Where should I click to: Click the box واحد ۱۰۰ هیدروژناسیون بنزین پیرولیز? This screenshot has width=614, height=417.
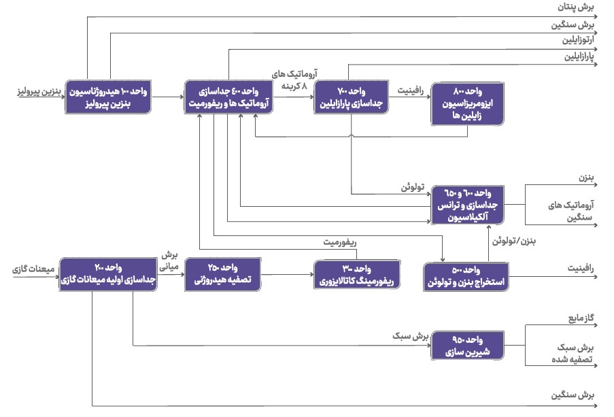[x=108, y=97]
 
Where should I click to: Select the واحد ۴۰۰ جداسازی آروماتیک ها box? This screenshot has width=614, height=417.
[x=228, y=97]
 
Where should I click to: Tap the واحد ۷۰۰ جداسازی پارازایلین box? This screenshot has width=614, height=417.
[x=352, y=97]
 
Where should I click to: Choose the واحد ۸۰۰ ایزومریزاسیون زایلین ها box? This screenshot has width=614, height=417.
[x=468, y=104]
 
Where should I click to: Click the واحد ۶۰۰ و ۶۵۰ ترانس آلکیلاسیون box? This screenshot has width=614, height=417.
[x=468, y=205]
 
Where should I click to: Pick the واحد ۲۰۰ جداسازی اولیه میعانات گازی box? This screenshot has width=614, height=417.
[x=108, y=274]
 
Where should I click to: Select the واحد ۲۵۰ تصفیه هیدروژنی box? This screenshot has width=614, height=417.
[x=223, y=274]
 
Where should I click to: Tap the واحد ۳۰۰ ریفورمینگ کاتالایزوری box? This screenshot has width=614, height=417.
[x=357, y=275]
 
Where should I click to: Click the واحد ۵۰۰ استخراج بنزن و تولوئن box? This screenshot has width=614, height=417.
[x=466, y=277]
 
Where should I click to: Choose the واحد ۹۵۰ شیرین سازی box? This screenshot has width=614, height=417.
[x=468, y=346]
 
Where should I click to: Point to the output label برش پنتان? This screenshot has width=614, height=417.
[x=576, y=7]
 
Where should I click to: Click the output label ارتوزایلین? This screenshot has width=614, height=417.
[x=578, y=40]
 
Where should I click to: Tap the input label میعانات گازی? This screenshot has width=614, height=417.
[x=33, y=269]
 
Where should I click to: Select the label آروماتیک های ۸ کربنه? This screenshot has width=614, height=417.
[x=294, y=80]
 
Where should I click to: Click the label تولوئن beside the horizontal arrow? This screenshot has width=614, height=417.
[x=413, y=187]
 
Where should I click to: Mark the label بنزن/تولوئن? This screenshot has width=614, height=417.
[x=514, y=241]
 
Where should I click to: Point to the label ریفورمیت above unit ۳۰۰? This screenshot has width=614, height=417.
[x=340, y=243]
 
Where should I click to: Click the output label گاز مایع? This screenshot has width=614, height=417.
[x=581, y=318]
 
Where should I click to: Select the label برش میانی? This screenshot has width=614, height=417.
[x=169, y=261]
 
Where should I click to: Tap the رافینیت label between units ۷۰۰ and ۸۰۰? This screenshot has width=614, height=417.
[x=411, y=90]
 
